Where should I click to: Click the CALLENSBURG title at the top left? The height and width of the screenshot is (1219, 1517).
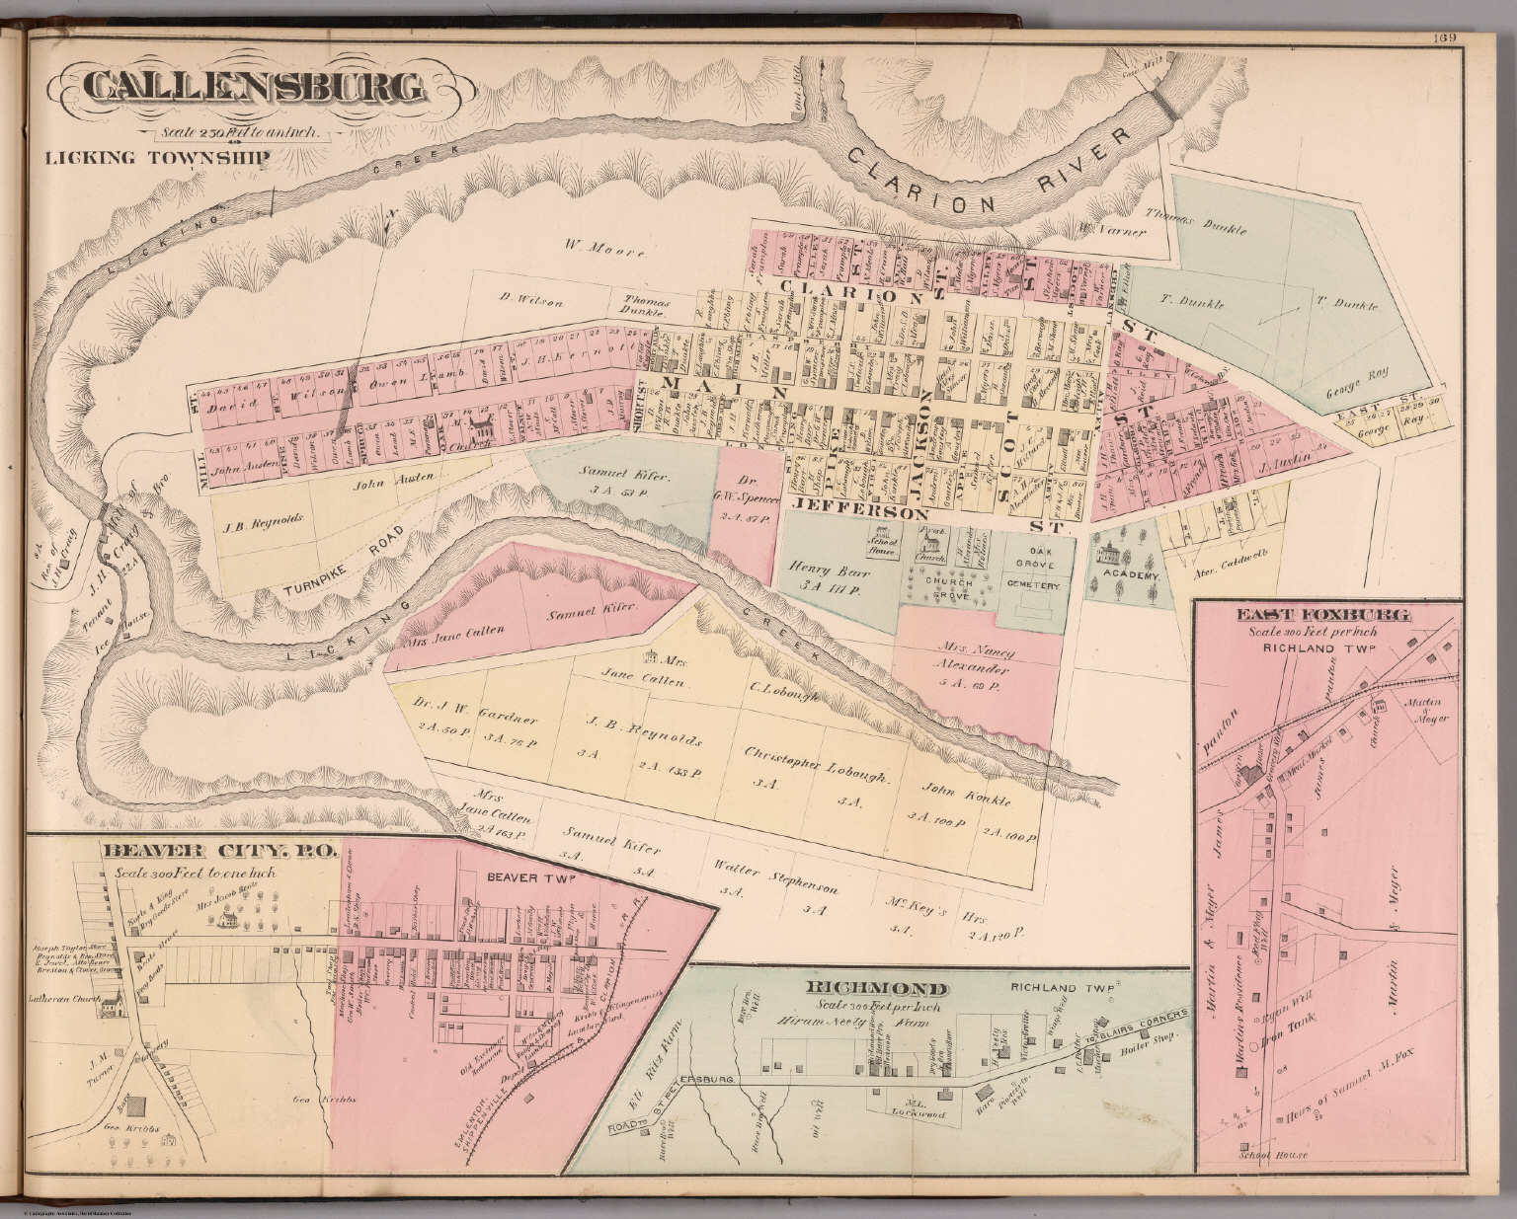click(254, 88)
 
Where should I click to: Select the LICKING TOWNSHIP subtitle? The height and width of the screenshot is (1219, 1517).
click(156, 156)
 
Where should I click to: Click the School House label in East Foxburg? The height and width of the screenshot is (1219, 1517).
click(1277, 1155)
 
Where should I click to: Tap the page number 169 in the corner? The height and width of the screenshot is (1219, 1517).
click(1448, 39)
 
